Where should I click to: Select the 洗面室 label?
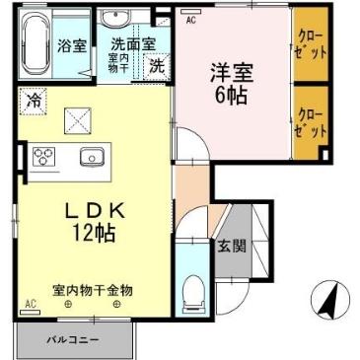[131, 44]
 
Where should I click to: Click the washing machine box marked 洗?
[156, 66]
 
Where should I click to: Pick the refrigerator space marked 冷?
[35, 101]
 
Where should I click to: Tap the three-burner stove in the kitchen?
[44, 156]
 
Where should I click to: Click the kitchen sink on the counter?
[91, 156]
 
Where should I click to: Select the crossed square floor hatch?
[77, 119]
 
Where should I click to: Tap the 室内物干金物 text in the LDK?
[94, 288]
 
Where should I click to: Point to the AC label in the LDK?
[32, 303]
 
